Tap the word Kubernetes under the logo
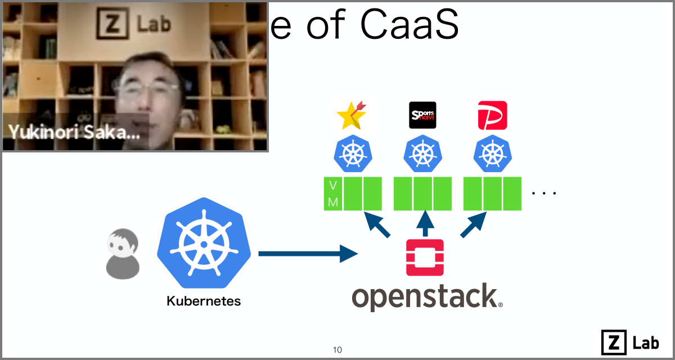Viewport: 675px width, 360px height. point(204,301)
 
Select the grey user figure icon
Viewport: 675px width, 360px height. point(122,254)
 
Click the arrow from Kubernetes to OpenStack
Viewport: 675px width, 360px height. point(307,254)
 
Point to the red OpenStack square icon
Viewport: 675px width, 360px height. point(425,258)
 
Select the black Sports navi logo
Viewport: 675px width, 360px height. point(422,115)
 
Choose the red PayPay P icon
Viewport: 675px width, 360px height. point(492,115)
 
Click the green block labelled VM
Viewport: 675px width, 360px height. point(333,194)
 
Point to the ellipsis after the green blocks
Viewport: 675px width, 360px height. point(544,193)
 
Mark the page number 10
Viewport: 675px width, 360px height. point(337,350)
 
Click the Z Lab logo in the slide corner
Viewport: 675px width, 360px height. point(630,342)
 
